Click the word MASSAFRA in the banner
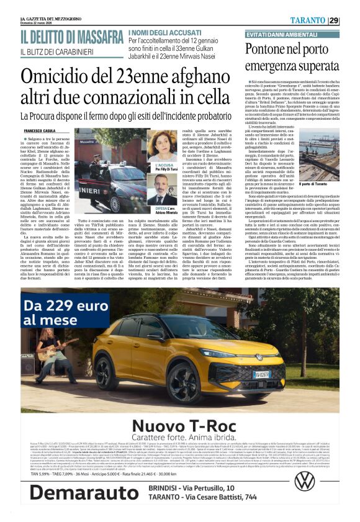coord(91,37)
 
